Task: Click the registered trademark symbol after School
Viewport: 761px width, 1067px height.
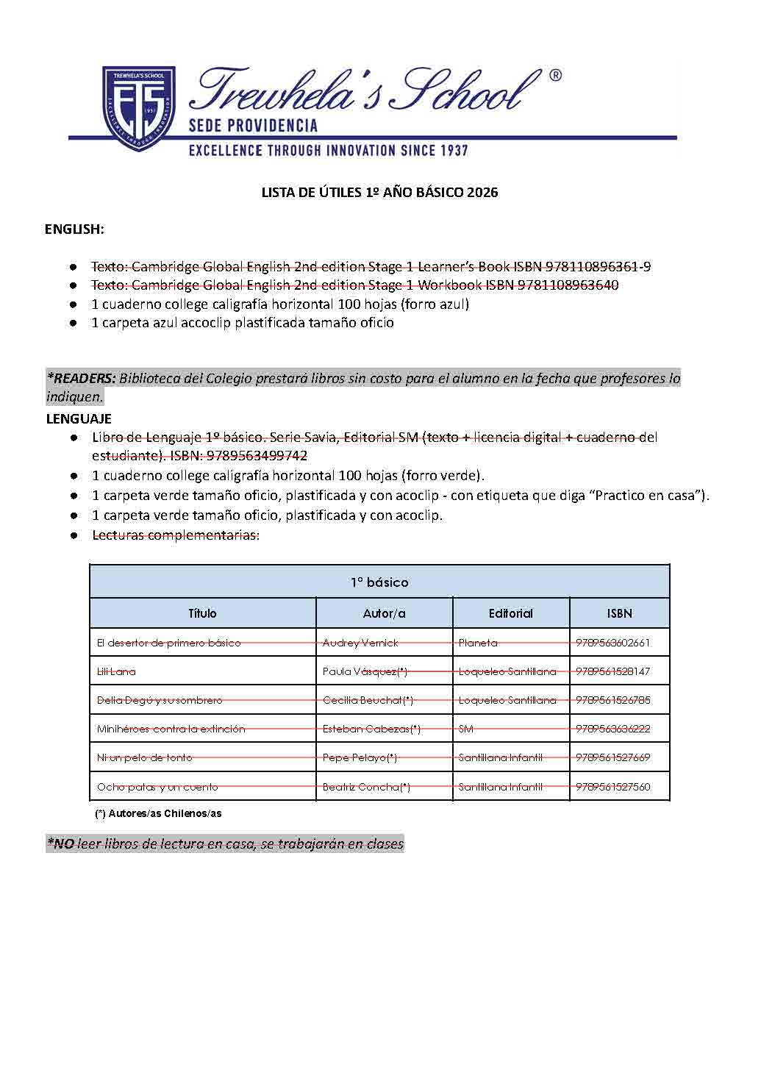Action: pos(556,76)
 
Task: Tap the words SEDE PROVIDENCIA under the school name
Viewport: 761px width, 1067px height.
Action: pos(253,126)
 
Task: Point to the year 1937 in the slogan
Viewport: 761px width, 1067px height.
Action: pos(454,151)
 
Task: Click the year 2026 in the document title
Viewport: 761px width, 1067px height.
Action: pos(482,193)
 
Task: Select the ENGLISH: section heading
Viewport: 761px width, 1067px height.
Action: pos(74,229)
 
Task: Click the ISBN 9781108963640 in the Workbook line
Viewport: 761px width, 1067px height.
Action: pos(568,285)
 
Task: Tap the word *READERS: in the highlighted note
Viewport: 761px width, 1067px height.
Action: pos(81,379)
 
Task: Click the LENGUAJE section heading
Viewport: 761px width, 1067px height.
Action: pos(79,419)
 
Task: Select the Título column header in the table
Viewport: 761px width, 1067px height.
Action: pos(202,613)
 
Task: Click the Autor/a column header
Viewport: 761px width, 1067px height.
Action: pos(384,613)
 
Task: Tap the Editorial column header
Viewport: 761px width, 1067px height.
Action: pos(510,613)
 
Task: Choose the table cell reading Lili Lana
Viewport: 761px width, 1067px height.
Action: pos(116,671)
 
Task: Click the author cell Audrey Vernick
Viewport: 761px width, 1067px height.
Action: pos(360,643)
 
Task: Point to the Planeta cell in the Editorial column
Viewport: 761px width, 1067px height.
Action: pos(478,643)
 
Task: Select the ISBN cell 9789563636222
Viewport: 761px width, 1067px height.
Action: pos(612,729)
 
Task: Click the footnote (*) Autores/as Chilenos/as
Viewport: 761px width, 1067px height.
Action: pos(158,814)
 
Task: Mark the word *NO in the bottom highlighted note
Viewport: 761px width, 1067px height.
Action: pos(60,844)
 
